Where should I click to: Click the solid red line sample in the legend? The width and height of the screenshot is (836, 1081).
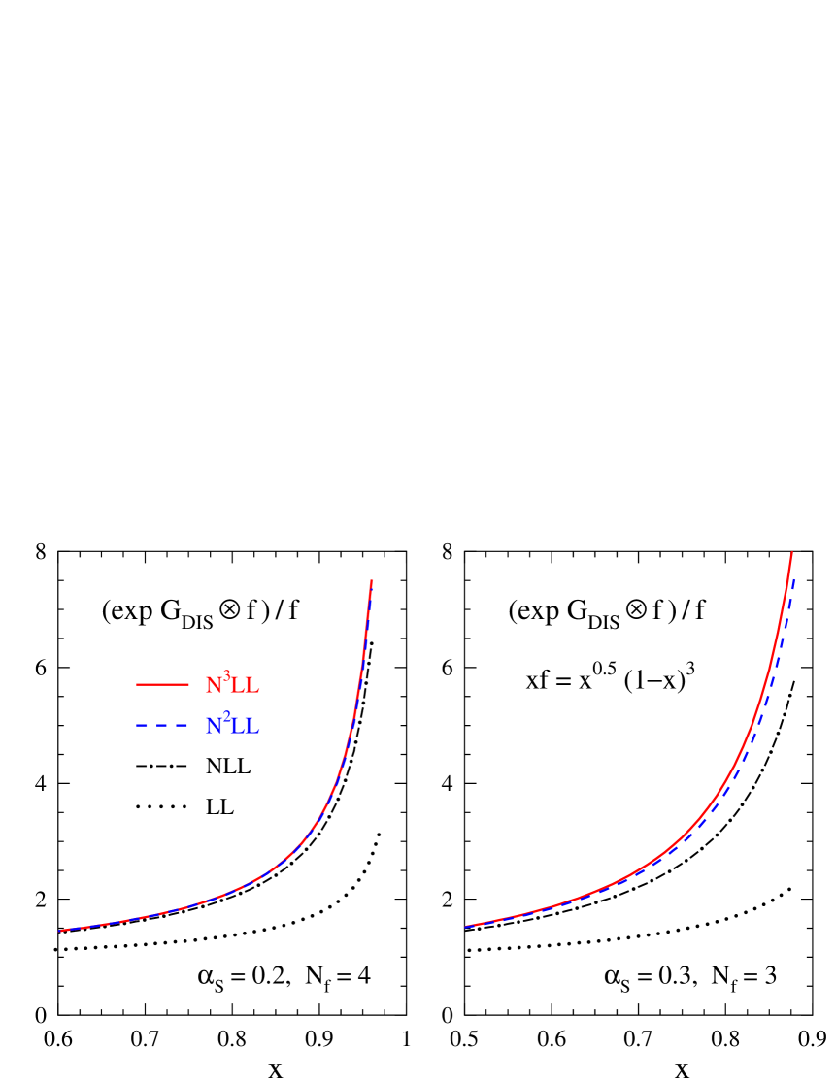click(x=162, y=685)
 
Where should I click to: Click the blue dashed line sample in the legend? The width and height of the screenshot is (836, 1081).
click(x=162, y=726)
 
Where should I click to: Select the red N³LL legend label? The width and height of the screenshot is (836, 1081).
click(x=232, y=684)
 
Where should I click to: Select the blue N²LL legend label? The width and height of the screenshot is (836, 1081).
click(x=232, y=725)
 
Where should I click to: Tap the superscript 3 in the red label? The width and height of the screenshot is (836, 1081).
click(x=227, y=676)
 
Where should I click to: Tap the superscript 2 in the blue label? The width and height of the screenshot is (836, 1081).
click(x=227, y=717)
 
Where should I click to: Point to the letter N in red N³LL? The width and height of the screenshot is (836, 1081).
click(x=215, y=686)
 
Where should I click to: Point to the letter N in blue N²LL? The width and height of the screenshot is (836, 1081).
click(x=215, y=727)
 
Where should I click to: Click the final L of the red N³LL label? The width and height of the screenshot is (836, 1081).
click(x=252, y=686)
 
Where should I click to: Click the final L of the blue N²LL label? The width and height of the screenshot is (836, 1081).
click(x=252, y=727)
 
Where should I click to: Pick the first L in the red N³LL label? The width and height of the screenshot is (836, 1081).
click(x=238, y=686)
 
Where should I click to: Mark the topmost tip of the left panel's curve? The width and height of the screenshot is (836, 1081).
click(x=372, y=581)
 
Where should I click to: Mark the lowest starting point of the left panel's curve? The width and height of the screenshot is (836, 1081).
click(x=60, y=931)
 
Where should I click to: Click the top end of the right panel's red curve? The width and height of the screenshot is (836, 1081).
click(x=792, y=553)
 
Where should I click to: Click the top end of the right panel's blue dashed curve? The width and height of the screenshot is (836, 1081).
click(x=794, y=579)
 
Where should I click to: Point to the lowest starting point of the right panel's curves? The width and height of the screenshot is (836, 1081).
click(x=466, y=926)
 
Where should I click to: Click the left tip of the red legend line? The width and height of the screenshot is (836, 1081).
click(x=137, y=685)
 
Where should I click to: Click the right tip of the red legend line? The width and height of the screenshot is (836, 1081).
click(x=188, y=685)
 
